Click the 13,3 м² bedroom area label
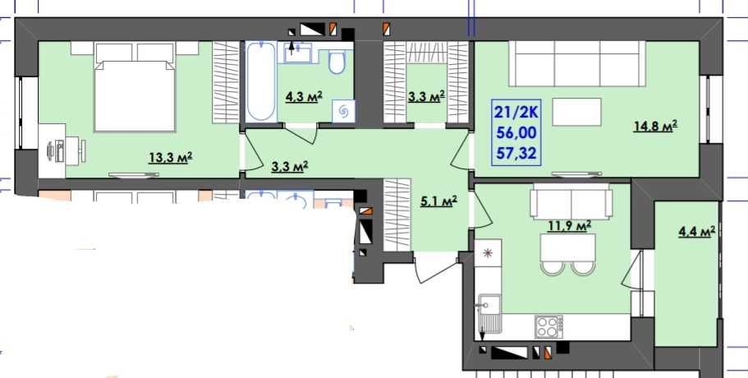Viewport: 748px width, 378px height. pyautogui.click(x=170, y=158)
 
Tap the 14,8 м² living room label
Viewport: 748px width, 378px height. pyautogui.click(x=655, y=127)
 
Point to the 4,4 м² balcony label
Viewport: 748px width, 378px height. pyautogui.click(x=697, y=232)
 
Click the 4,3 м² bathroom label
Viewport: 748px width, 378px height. pyautogui.click(x=304, y=97)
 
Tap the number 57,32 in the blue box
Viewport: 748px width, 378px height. pyautogui.click(x=516, y=153)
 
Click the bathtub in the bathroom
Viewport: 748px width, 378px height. pyautogui.click(x=261, y=81)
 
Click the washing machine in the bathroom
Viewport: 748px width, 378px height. pyautogui.click(x=343, y=111)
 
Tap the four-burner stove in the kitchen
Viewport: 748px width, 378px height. pyautogui.click(x=548, y=327)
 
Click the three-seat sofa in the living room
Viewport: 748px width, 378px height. pyautogui.click(x=577, y=63)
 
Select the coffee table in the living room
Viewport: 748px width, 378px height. pyautogui.click(x=576, y=112)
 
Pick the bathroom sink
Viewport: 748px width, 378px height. pyautogui.click(x=297, y=53)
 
